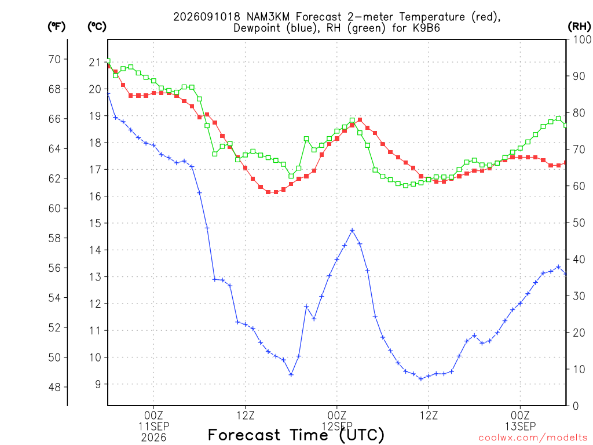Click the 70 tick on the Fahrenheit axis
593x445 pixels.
click(x=54, y=60)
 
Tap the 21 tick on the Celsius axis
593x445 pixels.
click(x=95, y=63)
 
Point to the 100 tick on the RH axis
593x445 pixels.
click(x=582, y=39)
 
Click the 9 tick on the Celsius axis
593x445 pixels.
click(x=98, y=384)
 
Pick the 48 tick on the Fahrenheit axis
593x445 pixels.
click(x=54, y=387)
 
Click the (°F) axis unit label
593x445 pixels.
click(x=56, y=27)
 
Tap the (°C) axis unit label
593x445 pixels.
click(x=97, y=27)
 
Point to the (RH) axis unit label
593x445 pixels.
click(x=579, y=27)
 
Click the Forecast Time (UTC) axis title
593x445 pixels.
click(x=296, y=435)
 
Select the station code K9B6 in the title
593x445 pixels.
click(x=426, y=28)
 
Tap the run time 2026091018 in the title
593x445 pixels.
click(x=207, y=17)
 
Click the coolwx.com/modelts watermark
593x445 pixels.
click(x=533, y=438)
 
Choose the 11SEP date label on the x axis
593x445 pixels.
click(x=153, y=426)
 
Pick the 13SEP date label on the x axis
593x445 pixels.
click(x=521, y=426)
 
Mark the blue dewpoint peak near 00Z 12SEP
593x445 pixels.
click(x=352, y=230)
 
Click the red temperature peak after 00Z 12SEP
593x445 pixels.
click(x=360, y=120)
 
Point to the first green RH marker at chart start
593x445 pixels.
click(x=108, y=61)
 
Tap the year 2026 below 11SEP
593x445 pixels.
click(x=153, y=438)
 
